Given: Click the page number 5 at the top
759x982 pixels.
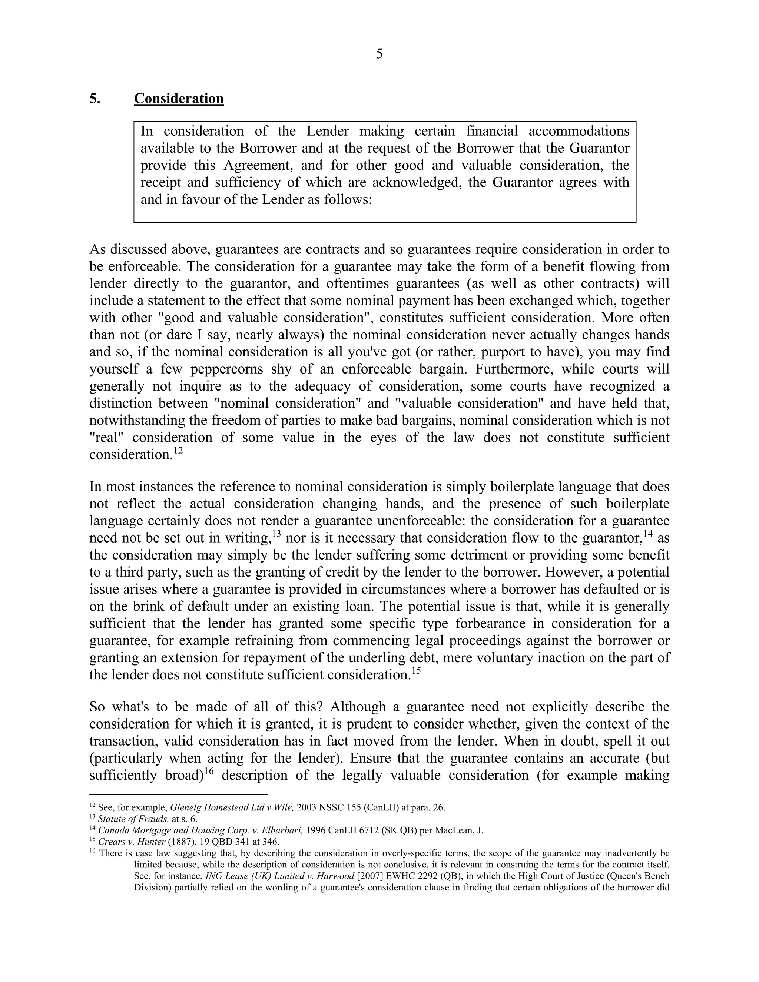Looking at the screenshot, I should point(379,54).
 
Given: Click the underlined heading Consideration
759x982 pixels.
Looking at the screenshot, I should point(179,99).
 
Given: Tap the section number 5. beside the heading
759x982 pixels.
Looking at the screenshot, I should point(95,99).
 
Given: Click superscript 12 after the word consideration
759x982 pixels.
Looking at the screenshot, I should point(178,450).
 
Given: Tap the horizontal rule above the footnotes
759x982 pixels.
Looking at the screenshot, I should point(179,794).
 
